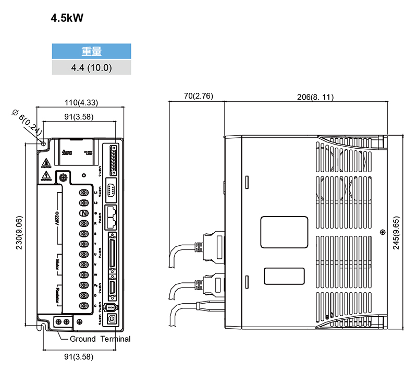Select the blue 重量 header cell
tap(91, 51)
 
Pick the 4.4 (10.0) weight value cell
tap(91, 67)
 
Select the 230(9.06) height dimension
tap(19, 233)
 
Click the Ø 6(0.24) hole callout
tap(27, 122)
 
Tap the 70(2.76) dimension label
tap(198, 97)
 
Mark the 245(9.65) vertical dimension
tap(397, 233)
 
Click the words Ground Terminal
tap(100, 339)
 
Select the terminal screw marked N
tap(83, 213)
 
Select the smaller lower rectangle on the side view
tap(284, 276)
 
